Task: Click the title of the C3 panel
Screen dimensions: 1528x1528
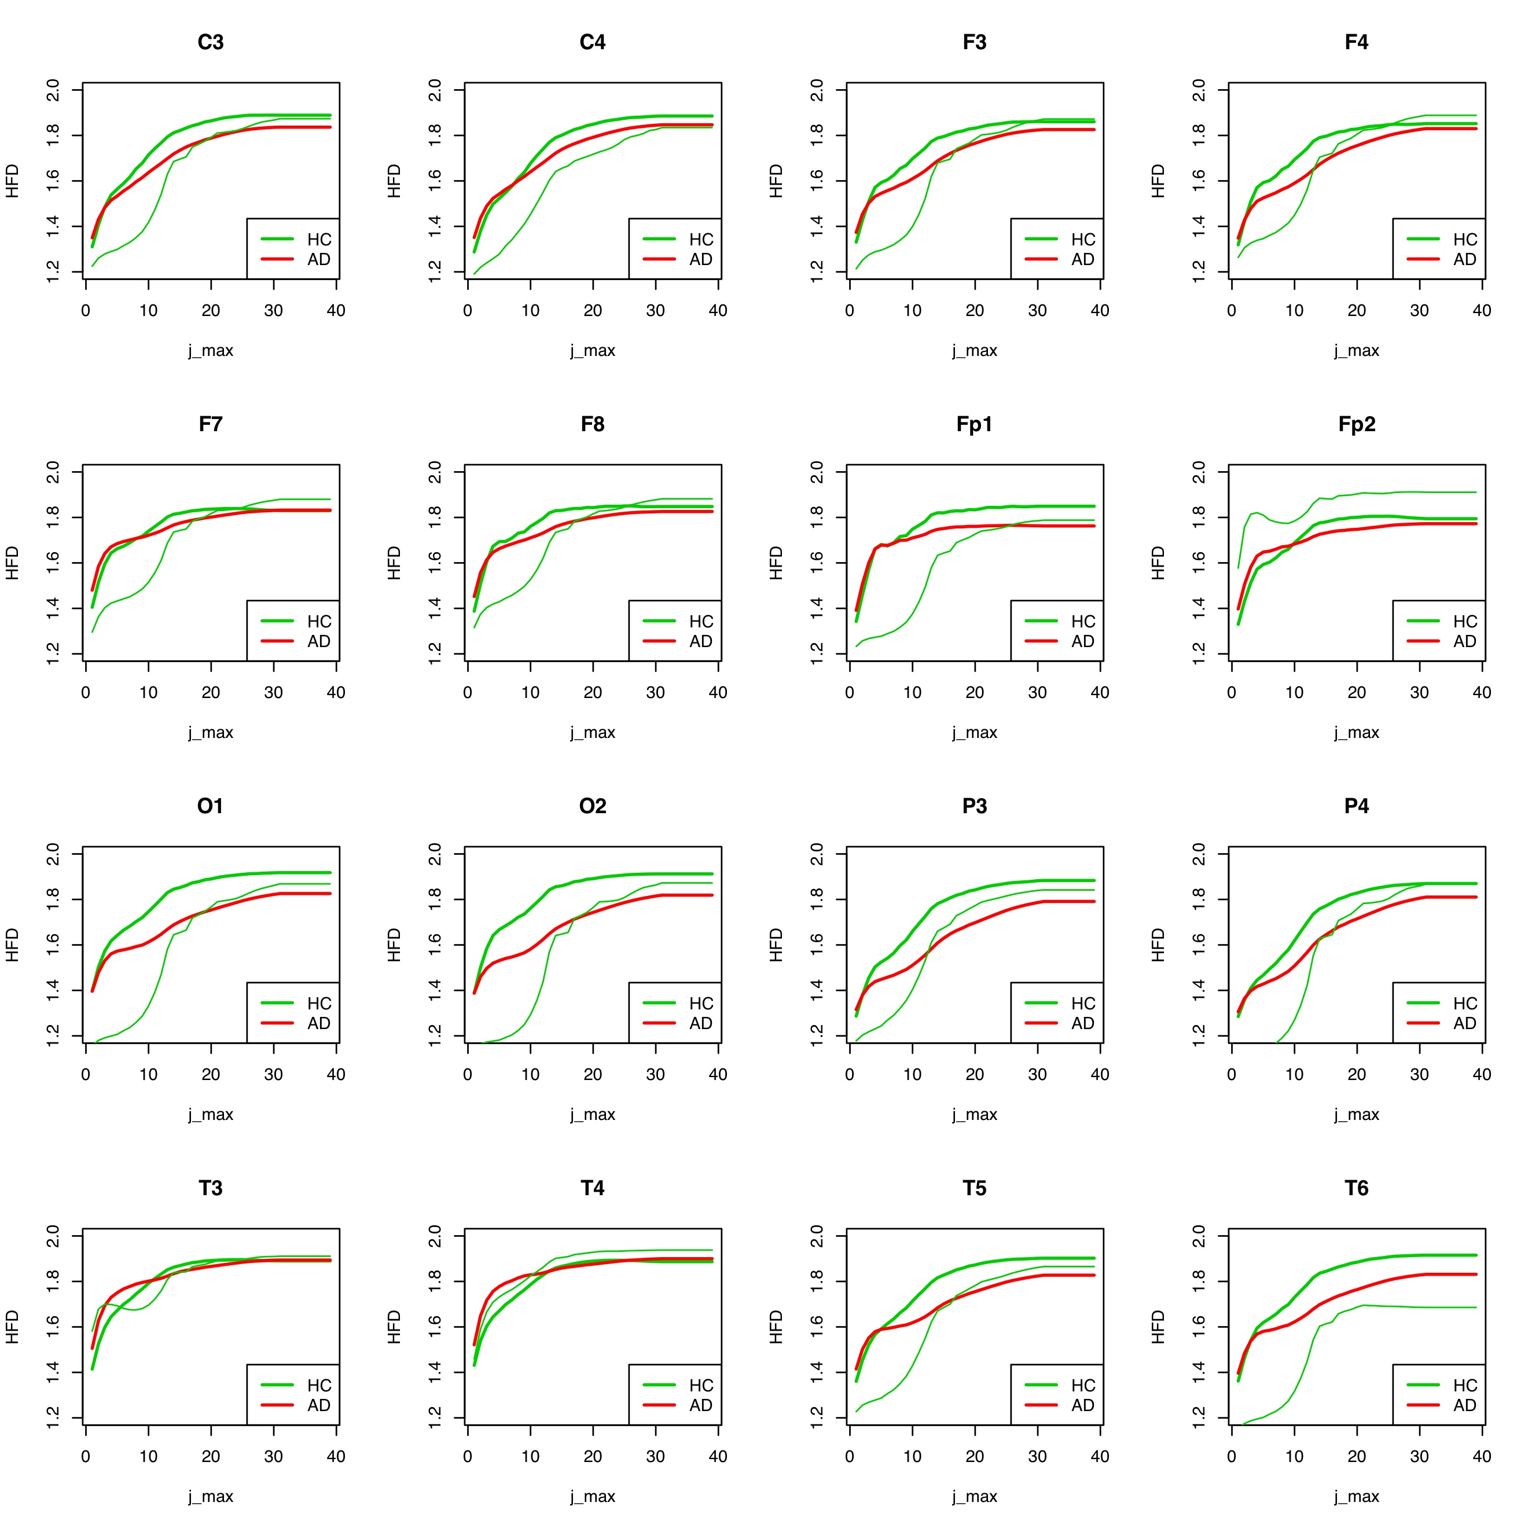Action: tap(210, 42)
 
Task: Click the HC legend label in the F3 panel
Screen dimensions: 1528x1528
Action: tap(1083, 239)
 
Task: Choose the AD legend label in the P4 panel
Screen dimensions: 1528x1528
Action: tap(1465, 1023)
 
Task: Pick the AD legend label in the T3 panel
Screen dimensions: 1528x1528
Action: tap(319, 1405)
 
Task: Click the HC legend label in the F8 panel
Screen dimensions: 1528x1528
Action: tap(701, 621)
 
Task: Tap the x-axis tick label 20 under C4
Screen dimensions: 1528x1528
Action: tap(592, 310)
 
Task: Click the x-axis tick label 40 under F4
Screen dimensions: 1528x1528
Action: tap(1481, 310)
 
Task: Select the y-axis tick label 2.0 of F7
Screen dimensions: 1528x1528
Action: tap(53, 472)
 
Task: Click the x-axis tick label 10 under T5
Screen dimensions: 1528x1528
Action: tap(912, 1456)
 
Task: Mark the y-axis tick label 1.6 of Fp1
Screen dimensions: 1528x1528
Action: tap(817, 563)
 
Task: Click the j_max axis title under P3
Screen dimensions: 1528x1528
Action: tap(974, 1114)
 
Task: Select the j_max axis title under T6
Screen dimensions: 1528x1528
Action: tap(1356, 1496)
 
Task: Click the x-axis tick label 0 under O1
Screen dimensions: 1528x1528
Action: tap(86, 1074)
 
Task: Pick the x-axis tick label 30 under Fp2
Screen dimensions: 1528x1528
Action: tap(1419, 692)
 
